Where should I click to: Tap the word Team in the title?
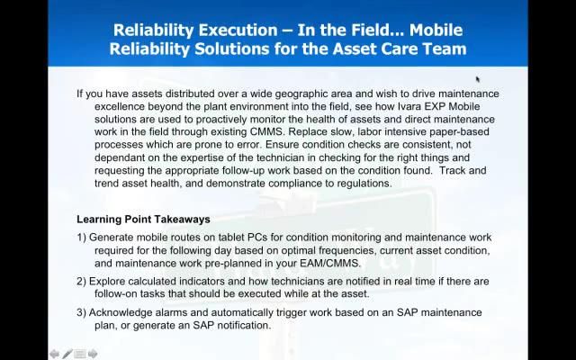coord(442,48)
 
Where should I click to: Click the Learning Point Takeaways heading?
coord(143,219)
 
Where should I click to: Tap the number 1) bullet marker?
coord(82,238)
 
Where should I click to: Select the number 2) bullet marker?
coord(82,282)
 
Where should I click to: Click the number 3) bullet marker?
coord(82,312)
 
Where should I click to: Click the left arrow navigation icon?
coord(55,354)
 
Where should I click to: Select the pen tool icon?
coord(67,354)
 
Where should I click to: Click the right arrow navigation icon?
coord(93,354)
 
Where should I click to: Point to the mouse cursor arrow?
coord(478,80)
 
